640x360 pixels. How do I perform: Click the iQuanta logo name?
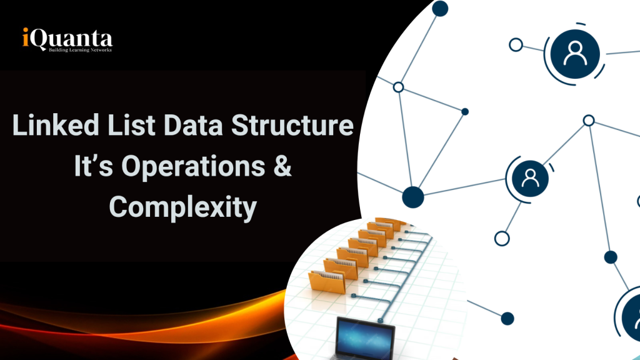point(66,39)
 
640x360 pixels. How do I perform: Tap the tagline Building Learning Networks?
point(80,50)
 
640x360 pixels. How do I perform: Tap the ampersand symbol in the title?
point(283,167)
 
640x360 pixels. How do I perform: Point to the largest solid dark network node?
point(413,196)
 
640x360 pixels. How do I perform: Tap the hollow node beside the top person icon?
point(516,45)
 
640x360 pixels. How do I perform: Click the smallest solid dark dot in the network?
point(464,112)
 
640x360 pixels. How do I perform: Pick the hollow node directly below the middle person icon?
point(501,238)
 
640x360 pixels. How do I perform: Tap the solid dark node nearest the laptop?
point(507,318)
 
